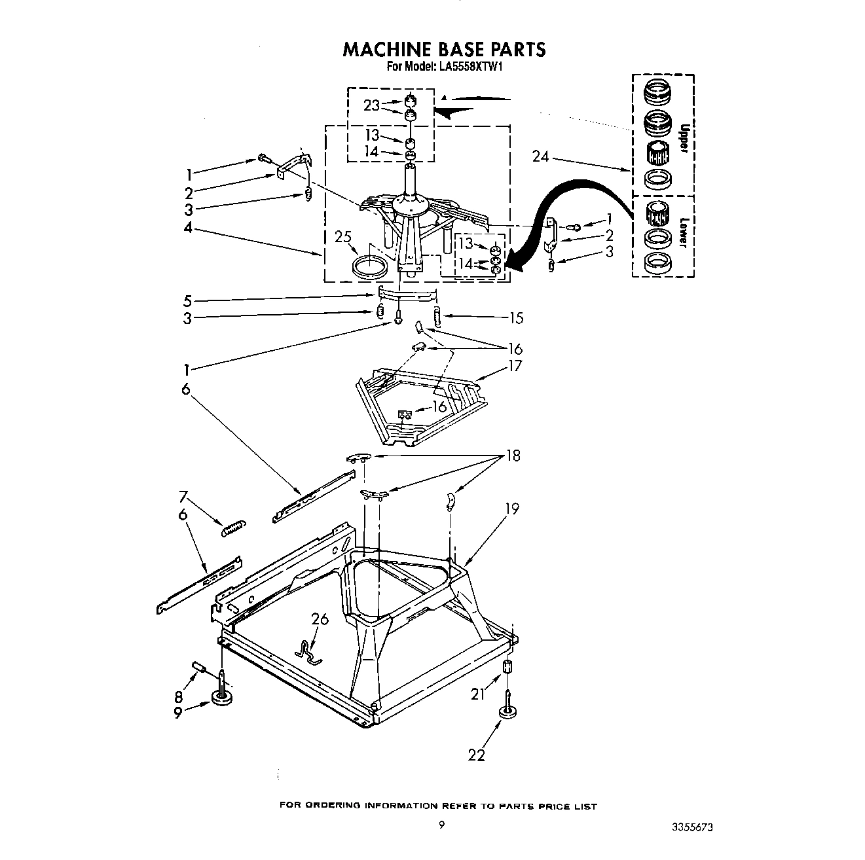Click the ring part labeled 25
click(369, 268)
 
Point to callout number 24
click(541, 156)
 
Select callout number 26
click(320, 618)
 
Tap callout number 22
click(477, 755)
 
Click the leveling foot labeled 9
click(223, 700)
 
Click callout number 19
click(512, 508)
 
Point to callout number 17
click(515, 365)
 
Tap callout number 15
click(516, 318)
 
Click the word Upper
click(682, 138)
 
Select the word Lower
click(682, 232)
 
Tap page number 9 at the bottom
click(441, 826)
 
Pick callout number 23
click(372, 105)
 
